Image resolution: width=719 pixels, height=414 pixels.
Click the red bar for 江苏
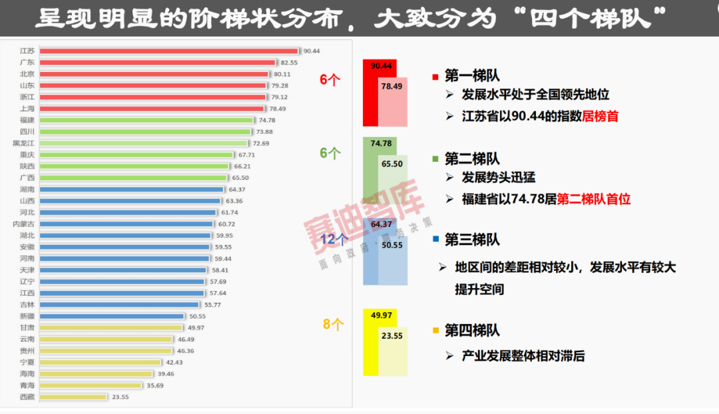[x=168, y=51]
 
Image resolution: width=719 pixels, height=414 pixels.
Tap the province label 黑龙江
[x=24, y=143]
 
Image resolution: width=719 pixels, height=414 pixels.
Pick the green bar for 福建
[x=146, y=120]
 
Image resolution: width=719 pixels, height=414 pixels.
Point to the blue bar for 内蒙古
[x=126, y=224]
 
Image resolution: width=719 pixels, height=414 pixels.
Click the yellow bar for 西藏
[x=73, y=397]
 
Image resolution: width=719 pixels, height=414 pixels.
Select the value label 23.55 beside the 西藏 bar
[x=120, y=397]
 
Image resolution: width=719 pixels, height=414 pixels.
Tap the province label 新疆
[x=27, y=316]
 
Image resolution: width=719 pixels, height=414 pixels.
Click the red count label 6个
[x=330, y=80]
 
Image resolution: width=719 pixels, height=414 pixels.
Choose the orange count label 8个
[x=334, y=325]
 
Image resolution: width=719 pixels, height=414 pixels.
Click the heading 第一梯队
[x=472, y=76]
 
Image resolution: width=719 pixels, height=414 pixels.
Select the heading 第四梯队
[x=472, y=330]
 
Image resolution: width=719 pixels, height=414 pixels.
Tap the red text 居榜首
[x=600, y=116]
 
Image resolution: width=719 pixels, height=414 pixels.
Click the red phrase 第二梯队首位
[x=594, y=199]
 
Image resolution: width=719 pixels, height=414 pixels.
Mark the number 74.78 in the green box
[x=381, y=144]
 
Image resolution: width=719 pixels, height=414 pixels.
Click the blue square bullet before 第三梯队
[x=435, y=239]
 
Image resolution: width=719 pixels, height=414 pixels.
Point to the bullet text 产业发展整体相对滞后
[x=523, y=356]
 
